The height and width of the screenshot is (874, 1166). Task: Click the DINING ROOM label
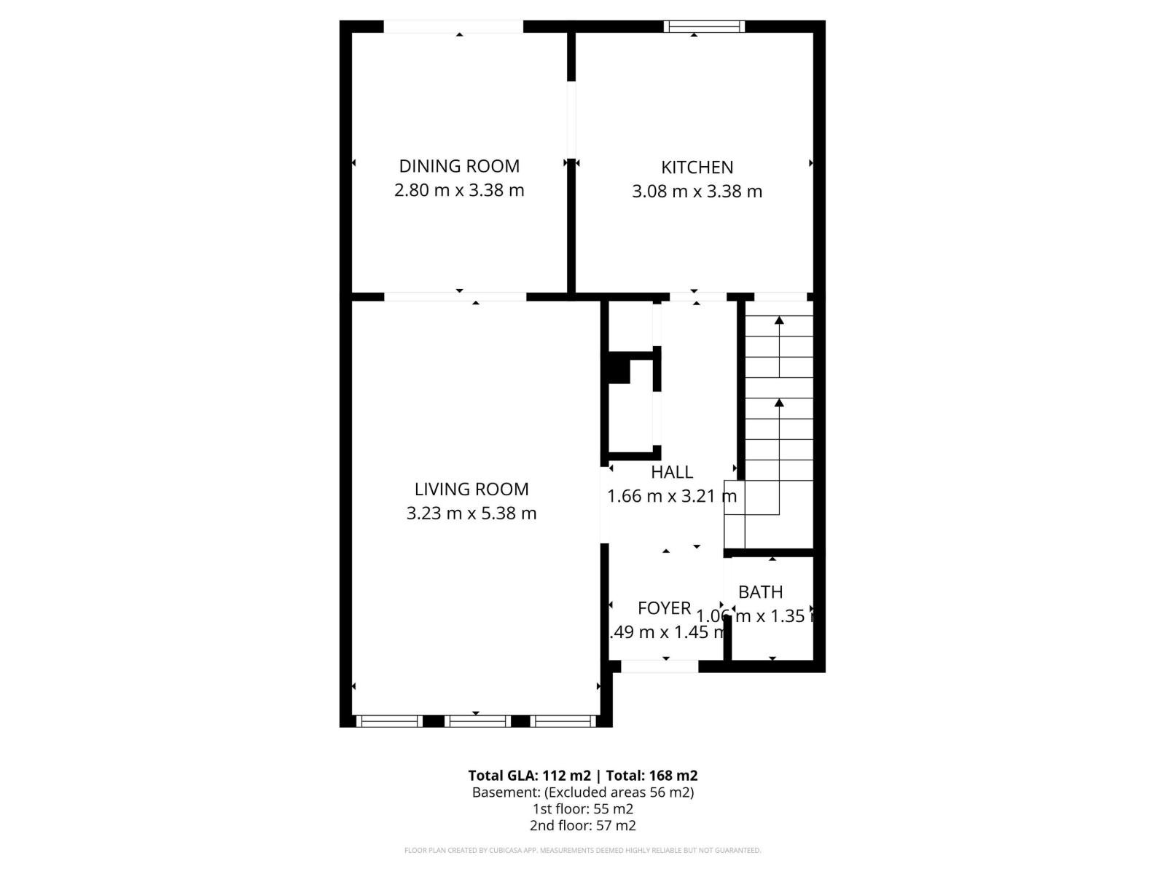[x=459, y=166]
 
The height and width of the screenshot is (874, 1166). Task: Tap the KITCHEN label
[x=697, y=168]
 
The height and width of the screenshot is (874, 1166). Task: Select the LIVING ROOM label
[x=472, y=489]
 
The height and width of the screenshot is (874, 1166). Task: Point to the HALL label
[x=671, y=472]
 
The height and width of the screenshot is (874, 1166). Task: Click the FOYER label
[x=664, y=608]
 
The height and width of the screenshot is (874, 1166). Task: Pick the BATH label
[x=760, y=592]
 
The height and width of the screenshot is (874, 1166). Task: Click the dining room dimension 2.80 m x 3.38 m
[x=459, y=190]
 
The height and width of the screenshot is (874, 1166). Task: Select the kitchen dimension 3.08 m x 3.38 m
[x=697, y=192]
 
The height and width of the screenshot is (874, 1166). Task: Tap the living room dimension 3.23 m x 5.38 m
[x=472, y=513]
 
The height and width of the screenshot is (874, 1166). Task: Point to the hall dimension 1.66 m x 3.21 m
[x=671, y=497]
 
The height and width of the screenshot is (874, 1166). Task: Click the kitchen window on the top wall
[x=704, y=27]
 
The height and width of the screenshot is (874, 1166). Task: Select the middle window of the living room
[x=477, y=721]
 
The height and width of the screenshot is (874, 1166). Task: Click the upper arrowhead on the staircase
[x=779, y=320]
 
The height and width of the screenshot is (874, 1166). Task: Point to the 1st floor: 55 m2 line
[x=583, y=809]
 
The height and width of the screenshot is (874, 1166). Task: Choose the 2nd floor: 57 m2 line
[x=583, y=825]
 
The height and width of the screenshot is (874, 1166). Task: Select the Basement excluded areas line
[x=583, y=792]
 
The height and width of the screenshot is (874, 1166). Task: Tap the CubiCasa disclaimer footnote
[x=583, y=850]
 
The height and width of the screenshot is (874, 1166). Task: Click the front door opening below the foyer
[x=659, y=666]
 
